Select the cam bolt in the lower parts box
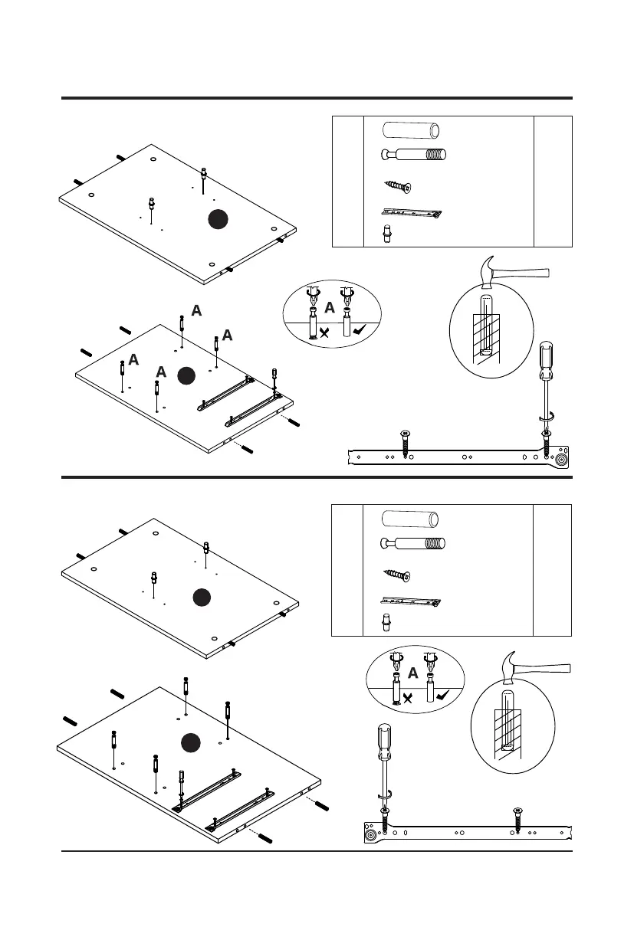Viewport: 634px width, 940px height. pyautogui.click(x=412, y=545)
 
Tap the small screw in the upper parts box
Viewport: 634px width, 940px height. pyautogui.click(x=397, y=186)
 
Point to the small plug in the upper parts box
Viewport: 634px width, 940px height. pyautogui.click(x=387, y=234)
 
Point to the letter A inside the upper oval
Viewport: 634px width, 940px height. pyautogui.click(x=330, y=308)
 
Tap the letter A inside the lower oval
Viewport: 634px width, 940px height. pyautogui.click(x=413, y=673)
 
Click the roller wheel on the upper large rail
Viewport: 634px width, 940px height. pyautogui.click(x=563, y=460)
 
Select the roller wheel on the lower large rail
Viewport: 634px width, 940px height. pyautogui.click(x=371, y=834)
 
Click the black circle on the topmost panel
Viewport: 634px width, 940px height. pyautogui.click(x=219, y=220)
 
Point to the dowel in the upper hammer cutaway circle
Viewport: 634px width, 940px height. pyautogui.click(x=485, y=325)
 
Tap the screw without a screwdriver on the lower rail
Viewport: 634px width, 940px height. pyautogui.click(x=517, y=819)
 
